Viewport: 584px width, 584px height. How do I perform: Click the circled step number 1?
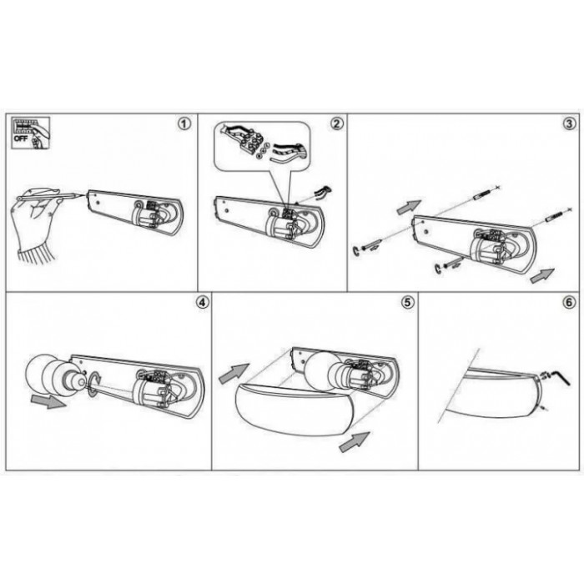coord(184,124)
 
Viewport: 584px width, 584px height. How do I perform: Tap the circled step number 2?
coord(337,123)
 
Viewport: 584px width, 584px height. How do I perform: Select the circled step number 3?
coord(570,124)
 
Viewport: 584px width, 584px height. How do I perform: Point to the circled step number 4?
coord(202,302)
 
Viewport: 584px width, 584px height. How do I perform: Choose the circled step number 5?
coord(407,302)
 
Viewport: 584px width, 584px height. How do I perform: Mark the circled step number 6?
coord(569,302)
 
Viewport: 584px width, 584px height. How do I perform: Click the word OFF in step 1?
coord(21,138)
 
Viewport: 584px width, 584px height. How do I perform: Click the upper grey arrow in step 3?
coord(409,207)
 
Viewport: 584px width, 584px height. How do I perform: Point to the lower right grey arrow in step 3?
coord(541,275)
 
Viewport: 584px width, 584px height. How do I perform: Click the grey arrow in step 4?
coord(48,401)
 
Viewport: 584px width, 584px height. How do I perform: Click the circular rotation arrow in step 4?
coord(93,380)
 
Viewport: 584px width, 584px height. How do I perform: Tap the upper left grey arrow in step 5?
coord(234,373)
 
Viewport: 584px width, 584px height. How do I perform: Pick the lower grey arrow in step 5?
coord(355,442)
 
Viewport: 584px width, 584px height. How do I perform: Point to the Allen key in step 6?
coord(561,377)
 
